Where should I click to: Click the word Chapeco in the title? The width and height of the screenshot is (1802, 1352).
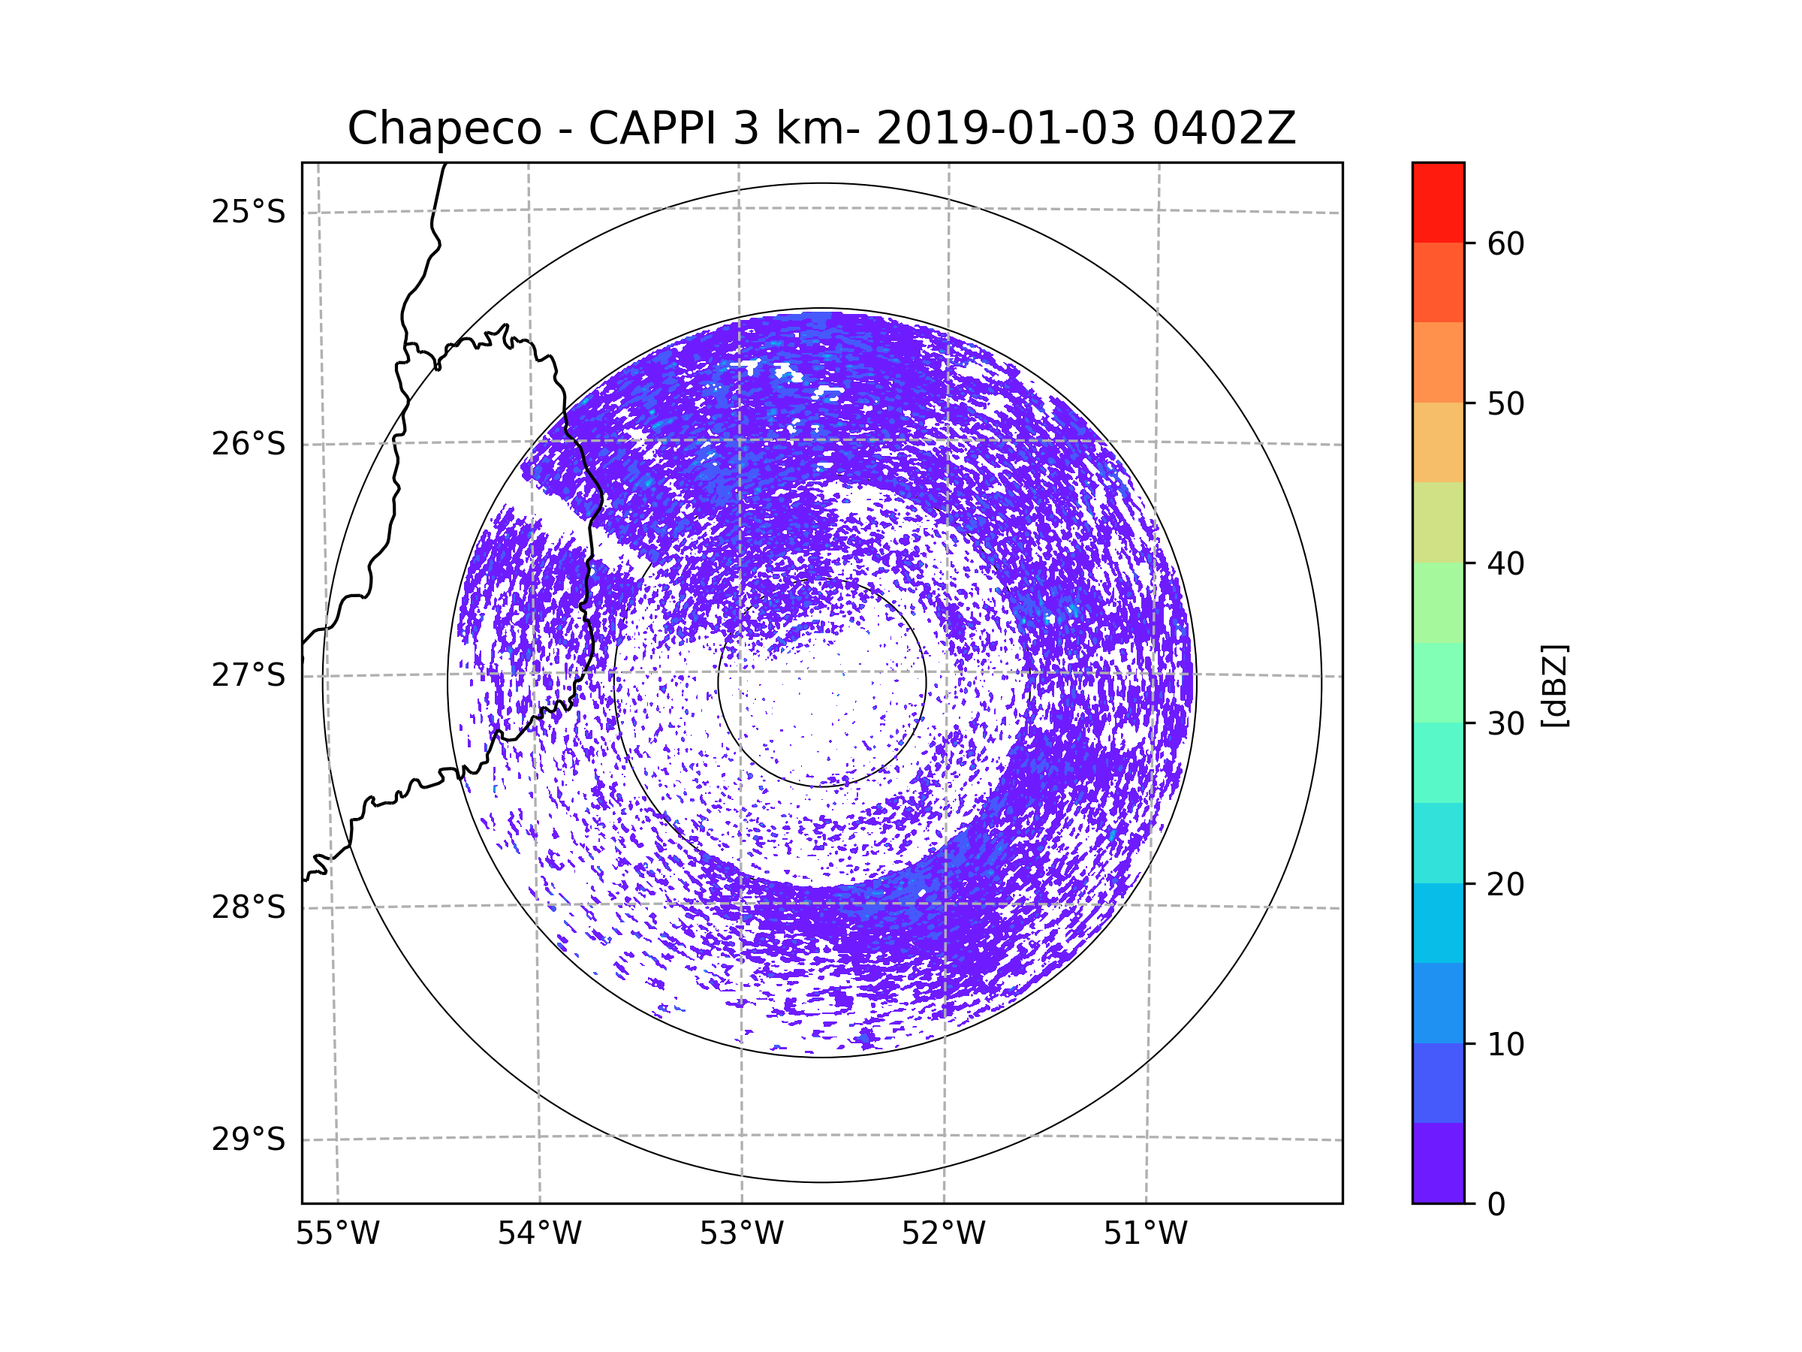[444, 128]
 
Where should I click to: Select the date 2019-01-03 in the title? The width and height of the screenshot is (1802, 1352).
[1005, 128]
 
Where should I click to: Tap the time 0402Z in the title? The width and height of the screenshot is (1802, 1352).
[1224, 128]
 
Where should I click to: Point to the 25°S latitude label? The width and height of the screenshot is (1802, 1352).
[249, 212]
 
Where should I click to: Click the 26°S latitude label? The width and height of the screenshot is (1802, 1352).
[249, 444]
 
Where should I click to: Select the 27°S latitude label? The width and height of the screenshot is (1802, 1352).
[249, 675]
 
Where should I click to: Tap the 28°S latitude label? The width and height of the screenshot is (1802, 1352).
[249, 907]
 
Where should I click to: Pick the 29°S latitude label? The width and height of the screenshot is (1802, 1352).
[249, 1139]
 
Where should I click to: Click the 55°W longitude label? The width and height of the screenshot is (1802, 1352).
[337, 1234]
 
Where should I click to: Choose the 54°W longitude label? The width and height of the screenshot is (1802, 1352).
[539, 1234]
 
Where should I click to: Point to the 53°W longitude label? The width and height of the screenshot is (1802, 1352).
[741, 1234]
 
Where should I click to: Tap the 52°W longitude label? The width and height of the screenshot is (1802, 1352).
[943, 1234]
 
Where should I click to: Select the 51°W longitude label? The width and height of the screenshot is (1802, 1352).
[1145, 1234]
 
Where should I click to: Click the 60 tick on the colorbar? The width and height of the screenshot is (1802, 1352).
[1505, 243]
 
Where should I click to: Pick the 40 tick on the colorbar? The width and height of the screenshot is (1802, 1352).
[1505, 564]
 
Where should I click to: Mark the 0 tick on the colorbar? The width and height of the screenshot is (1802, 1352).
[1496, 1205]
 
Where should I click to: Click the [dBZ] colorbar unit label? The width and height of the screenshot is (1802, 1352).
[1554, 685]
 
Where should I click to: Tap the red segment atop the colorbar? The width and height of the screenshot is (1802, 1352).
[1438, 202]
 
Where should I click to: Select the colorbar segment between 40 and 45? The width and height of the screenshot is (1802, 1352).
[1438, 522]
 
